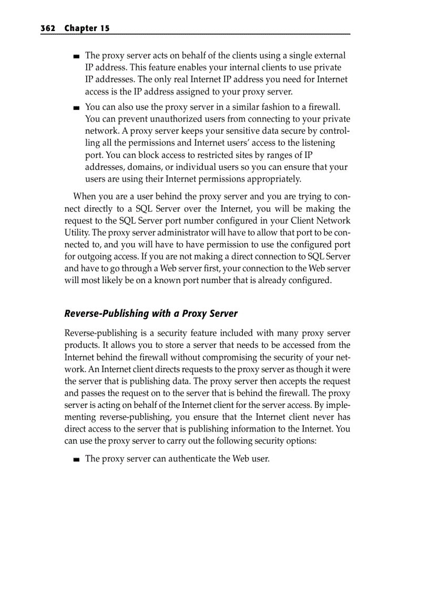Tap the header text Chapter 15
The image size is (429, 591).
(87, 28)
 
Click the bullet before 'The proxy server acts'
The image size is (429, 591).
(76, 56)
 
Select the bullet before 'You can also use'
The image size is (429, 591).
(76, 108)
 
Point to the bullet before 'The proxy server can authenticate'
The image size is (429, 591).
(76, 459)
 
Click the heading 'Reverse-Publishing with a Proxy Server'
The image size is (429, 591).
(151, 314)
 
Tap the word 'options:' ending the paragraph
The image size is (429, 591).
(299, 442)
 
